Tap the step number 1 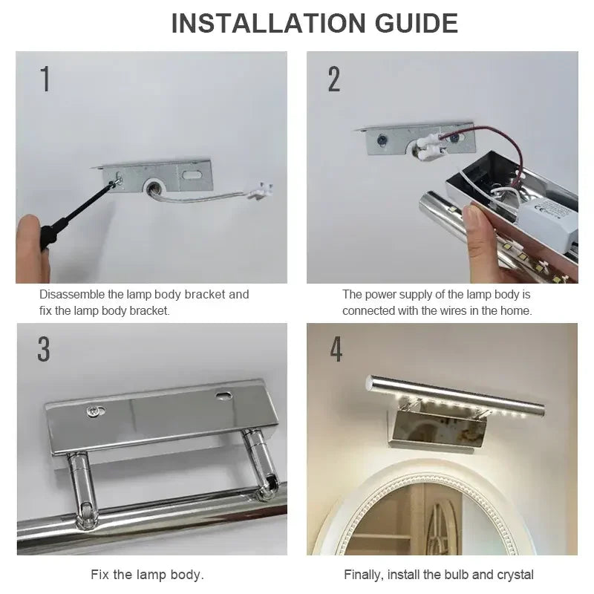[45, 79]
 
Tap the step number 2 [334, 79]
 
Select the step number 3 [44, 349]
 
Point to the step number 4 [336, 349]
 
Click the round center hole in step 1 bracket [157, 185]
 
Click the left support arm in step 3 [79, 483]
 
